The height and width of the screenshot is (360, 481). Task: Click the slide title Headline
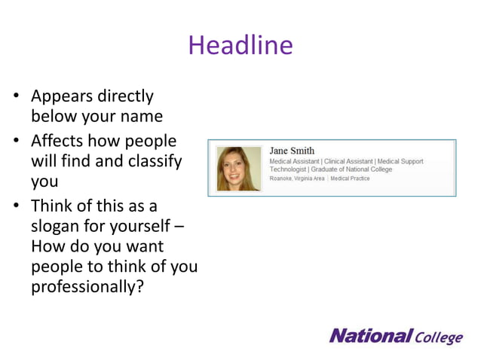[240, 46]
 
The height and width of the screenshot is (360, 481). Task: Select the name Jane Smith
[292, 151]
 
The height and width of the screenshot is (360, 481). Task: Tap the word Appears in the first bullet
[63, 97]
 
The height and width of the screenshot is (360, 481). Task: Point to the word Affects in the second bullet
[57, 141]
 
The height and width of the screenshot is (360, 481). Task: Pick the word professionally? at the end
[87, 287]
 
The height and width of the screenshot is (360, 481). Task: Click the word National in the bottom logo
[370, 335]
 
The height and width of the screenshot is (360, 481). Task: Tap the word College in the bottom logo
[439, 337]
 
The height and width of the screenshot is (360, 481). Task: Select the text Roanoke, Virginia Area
[297, 178]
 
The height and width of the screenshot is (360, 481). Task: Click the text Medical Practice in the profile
[350, 178]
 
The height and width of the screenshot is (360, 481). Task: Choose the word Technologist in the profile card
[288, 169]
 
